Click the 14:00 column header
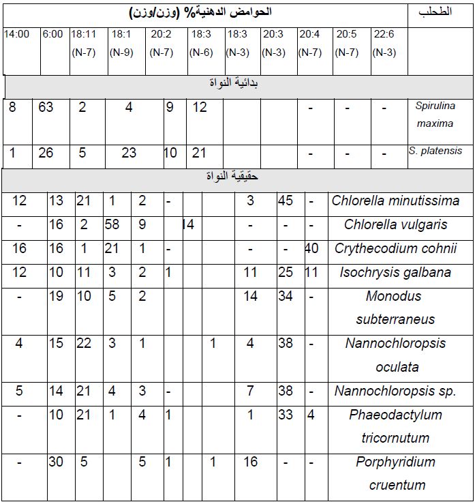(16, 34)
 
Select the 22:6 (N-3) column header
(385, 42)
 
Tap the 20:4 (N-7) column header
(311, 42)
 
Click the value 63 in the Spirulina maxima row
(46, 108)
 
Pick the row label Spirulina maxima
(434, 115)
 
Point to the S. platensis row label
(435, 151)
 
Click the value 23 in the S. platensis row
(129, 153)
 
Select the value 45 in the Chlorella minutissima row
(286, 201)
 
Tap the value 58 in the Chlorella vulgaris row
(112, 224)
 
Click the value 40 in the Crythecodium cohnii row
(311, 248)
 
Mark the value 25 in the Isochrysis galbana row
(286, 273)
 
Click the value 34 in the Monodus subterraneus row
(286, 297)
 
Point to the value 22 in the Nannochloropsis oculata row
(83, 344)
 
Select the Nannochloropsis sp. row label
(395, 392)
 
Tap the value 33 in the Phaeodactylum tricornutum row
(286, 415)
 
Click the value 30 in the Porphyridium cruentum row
(56, 462)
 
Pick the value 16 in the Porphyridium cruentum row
(250, 462)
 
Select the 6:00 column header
(52, 34)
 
